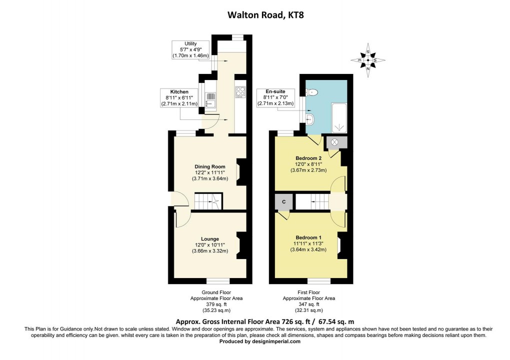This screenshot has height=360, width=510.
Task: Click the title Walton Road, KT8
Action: [265, 15]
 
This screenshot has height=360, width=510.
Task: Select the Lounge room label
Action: [210, 238]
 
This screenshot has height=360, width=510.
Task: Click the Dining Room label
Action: [210, 166]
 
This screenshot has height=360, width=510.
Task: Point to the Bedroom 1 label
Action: [308, 237]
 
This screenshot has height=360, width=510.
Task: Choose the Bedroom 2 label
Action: [308, 158]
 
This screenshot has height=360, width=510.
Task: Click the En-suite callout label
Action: [275, 92]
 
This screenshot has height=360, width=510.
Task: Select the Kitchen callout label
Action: [179, 92]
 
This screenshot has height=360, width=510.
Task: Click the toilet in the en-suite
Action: [312, 91]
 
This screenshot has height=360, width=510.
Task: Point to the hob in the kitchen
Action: [240, 91]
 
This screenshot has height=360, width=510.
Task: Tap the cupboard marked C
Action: [284, 201]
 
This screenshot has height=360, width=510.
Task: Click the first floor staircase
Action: [313, 202]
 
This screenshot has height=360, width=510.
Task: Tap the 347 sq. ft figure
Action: [308, 304]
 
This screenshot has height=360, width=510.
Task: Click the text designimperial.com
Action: [277, 342]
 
